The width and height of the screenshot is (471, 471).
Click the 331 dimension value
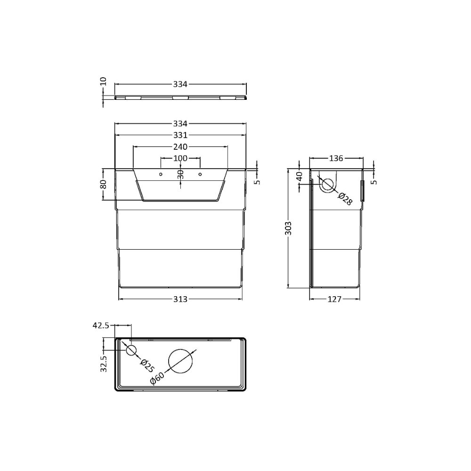tap(180, 135)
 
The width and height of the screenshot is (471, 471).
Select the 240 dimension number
tap(180, 146)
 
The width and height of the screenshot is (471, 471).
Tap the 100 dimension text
tap(180, 158)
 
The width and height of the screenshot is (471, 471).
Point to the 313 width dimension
tap(180, 299)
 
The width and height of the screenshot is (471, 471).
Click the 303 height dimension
tap(289, 228)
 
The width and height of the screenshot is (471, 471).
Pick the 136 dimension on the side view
tap(335, 158)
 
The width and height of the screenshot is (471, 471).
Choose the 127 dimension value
tap(334, 299)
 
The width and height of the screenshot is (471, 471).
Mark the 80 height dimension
tap(104, 184)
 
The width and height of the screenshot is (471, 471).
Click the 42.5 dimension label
tap(101, 325)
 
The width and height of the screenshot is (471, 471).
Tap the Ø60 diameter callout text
tap(157, 379)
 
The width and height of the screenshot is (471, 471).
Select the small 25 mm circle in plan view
tap(130, 350)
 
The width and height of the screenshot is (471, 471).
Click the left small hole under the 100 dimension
tap(161, 174)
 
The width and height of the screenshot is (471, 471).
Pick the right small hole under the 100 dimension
tap(200, 174)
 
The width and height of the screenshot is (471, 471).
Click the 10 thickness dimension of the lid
tap(104, 81)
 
